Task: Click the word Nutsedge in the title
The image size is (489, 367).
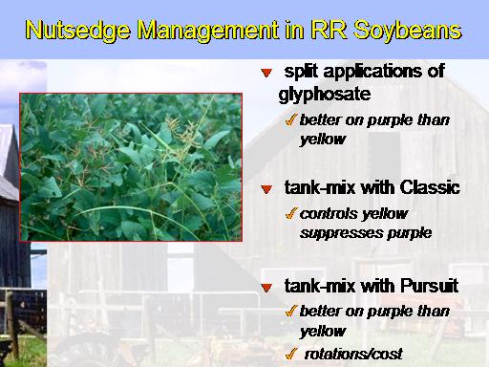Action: [77, 30]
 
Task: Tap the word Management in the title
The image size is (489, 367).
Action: [207, 30]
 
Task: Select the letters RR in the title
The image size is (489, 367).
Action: [329, 30]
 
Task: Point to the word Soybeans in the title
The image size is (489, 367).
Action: [407, 30]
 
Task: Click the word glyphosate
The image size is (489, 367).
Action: [325, 95]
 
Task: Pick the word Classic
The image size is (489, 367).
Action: [430, 187]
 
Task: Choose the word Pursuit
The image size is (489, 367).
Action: [430, 286]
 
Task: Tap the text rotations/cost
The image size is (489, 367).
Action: [353, 354]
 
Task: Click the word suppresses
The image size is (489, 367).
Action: [342, 233]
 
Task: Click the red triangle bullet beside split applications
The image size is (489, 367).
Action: [266, 73]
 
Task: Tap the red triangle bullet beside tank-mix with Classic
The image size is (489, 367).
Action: [266, 189]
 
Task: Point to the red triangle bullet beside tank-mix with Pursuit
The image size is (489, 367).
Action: [266, 288]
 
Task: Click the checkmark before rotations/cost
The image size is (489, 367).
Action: [291, 353]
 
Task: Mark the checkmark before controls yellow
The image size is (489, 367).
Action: [291, 213]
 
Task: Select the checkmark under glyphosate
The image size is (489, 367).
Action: [291, 119]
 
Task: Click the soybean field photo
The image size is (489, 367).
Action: [131, 167]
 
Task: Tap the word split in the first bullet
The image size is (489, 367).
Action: [301, 72]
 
